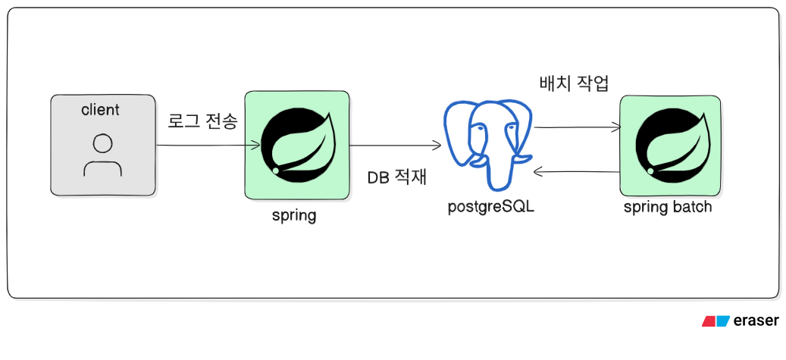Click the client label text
pos(100,110)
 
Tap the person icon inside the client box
pos(102,155)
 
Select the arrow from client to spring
pos(200,146)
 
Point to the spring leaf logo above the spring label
pos(296,144)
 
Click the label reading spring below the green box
pos(294,215)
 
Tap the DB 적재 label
pos(396,178)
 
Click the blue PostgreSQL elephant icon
pos(490,144)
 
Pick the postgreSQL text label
pos(490,205)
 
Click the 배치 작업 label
pos(573,83)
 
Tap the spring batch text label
pos(668,207)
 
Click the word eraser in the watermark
pos(756,321)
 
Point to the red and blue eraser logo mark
pos(716,321)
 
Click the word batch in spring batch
pos(692,207)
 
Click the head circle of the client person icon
pos(102,143)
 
